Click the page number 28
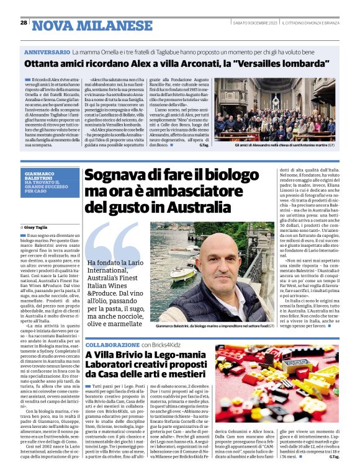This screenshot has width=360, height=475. pyautogui.click(x=24, y=23)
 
